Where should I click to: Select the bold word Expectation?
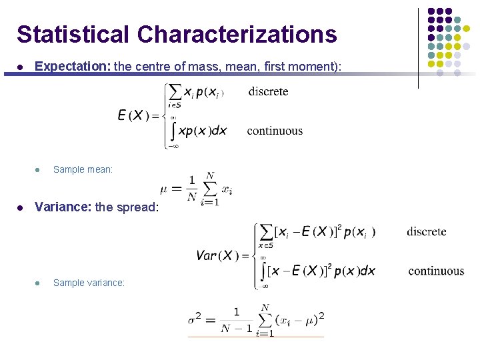pos(73,67)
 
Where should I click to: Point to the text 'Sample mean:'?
pos(83,169)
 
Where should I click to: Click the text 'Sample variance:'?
pos(89,283)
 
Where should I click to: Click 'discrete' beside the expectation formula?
pos(268,91)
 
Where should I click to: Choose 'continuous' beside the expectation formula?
pos(275,131)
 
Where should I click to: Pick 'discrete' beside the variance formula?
pos(427,231)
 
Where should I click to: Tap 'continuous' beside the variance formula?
pos(436,271)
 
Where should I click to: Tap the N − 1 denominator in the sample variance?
pos(236,328)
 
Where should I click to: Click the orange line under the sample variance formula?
pos(255,337)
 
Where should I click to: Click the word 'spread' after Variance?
pos(137,207)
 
